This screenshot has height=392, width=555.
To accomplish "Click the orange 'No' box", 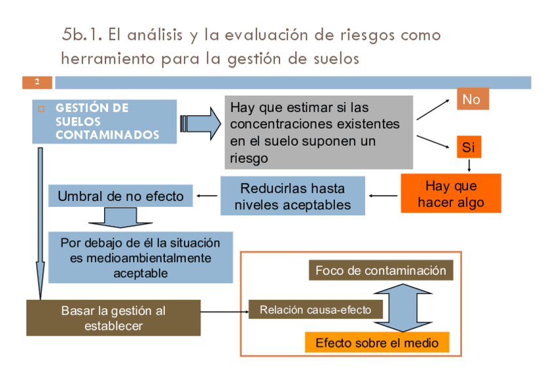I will (x=471, y=99).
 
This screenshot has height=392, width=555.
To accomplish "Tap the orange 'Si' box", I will (x=469, y=147).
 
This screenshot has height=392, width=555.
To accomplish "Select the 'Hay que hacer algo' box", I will (x=450, y=194).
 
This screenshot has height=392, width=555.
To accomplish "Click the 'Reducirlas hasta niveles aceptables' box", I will (x=292, y=196).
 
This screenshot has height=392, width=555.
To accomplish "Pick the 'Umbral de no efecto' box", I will (x=120, y=196).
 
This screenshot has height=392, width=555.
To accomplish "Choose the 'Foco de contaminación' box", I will (x=380, y=270).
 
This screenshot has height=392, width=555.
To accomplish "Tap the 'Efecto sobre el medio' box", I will (x=377, y=342).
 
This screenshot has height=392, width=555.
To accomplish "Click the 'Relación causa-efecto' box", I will (x=315, y=310).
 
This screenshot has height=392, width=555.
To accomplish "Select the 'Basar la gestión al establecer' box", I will (x=113, y=318).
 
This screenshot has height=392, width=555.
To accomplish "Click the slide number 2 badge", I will (x=37, y=82).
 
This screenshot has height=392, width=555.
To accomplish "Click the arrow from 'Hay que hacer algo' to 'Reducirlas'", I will (x=384, y=195).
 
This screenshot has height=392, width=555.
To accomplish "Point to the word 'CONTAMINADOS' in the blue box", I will (x=107, y=135).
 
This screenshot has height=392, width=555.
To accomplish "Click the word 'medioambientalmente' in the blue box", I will (x=141, y=258).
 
